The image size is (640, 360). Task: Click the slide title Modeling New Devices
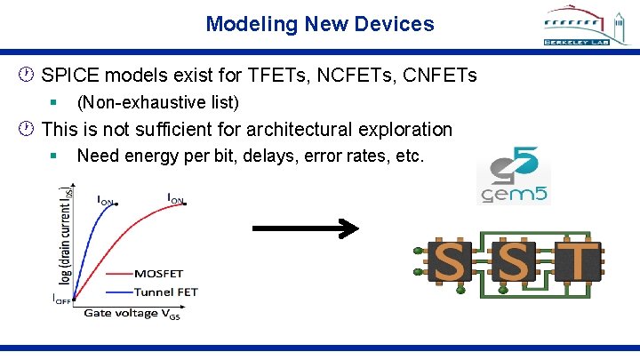click(x=320, y=24)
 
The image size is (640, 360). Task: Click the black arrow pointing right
click(x=305, y=229)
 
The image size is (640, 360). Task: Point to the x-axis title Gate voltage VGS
click(x=132, y=313)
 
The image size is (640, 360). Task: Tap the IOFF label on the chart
click(x=61, y=298)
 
